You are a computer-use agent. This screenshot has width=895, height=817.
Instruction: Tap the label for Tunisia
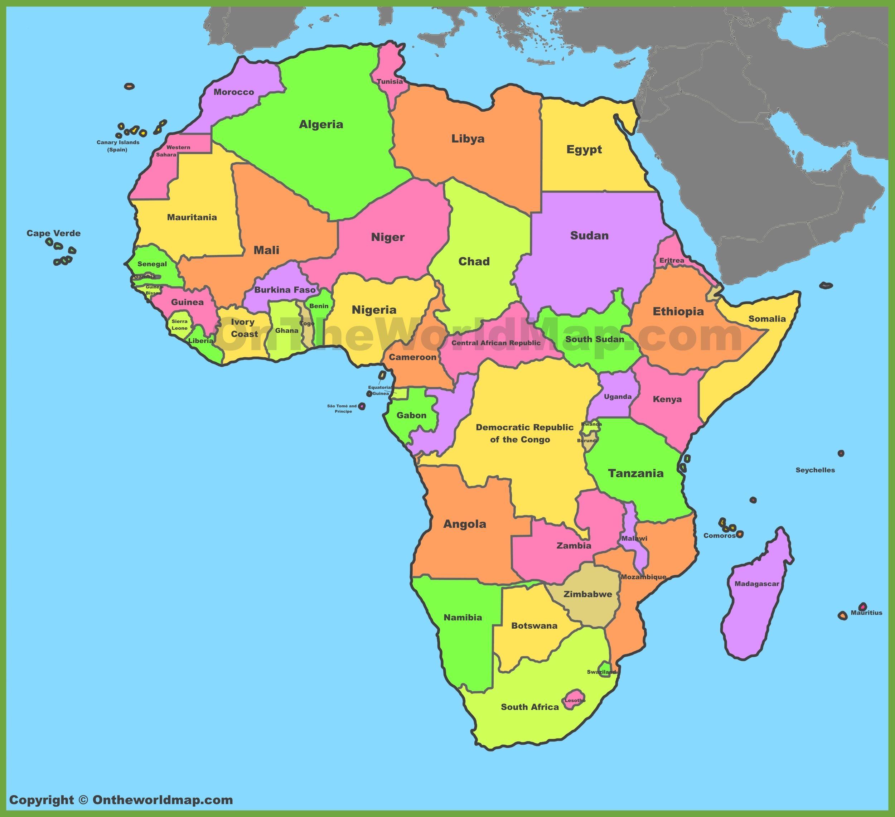pyautogui.click(x=390, y=82)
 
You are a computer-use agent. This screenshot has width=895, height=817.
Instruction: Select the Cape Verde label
pyautogui.click(x=54, y=233)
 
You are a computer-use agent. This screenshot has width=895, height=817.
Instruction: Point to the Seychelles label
pyautogui.click(x=815, y=470)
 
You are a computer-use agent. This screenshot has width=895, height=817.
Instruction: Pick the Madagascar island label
pyautogui.click(x=756, y=584)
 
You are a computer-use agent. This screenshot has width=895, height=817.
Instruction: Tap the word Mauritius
pyautogui.click(x=866, y=613)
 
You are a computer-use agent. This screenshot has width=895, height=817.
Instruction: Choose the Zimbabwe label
pyautogui.click(x=587, y=594)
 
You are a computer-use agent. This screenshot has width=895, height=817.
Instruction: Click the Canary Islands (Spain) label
pyautogui.click(x=118, y=146)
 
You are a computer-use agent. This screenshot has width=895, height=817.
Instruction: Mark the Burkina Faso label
pyautogui.click(x=285, y=290)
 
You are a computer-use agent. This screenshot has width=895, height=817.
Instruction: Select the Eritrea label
pyautogui.click(x=671, y=260)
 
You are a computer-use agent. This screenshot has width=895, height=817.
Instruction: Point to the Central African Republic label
pyautogui.click(x=496, y=343)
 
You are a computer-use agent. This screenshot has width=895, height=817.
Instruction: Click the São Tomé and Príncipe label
pyautogui.click(x=342, y=408)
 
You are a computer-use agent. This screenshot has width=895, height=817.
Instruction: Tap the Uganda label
pyautogui.click(x=618, y=397)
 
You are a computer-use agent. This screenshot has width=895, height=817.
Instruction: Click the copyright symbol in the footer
pyautogui.click(x=83, y=800)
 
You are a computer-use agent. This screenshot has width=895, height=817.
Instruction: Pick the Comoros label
pyautogui.click(x=719, y=536)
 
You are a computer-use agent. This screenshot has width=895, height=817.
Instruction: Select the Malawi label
pyautogui.click(x=634, y=538)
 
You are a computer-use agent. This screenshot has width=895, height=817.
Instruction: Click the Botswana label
pyautogui.click(x=534, y=625)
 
